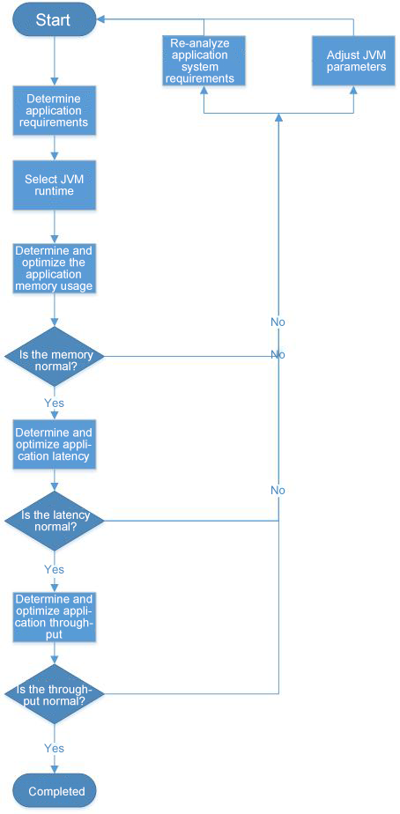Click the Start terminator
pos(54,20)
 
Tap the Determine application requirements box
pos(54,110)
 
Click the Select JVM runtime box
pos(54,185)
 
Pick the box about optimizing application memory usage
pos(54,267)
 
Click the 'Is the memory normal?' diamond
pos(55,356)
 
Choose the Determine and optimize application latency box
pos(54,444)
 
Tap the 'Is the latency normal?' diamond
pos(55,521)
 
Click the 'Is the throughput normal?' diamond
pos(55,693)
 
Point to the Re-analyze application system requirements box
pos(204,60)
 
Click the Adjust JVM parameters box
pos(354,60)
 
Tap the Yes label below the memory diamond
pos(54,403)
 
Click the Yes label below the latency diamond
pos(54,569)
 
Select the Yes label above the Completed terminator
pos(54,748)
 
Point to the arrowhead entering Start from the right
pos(100,19)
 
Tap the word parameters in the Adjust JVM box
pos(356,66)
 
